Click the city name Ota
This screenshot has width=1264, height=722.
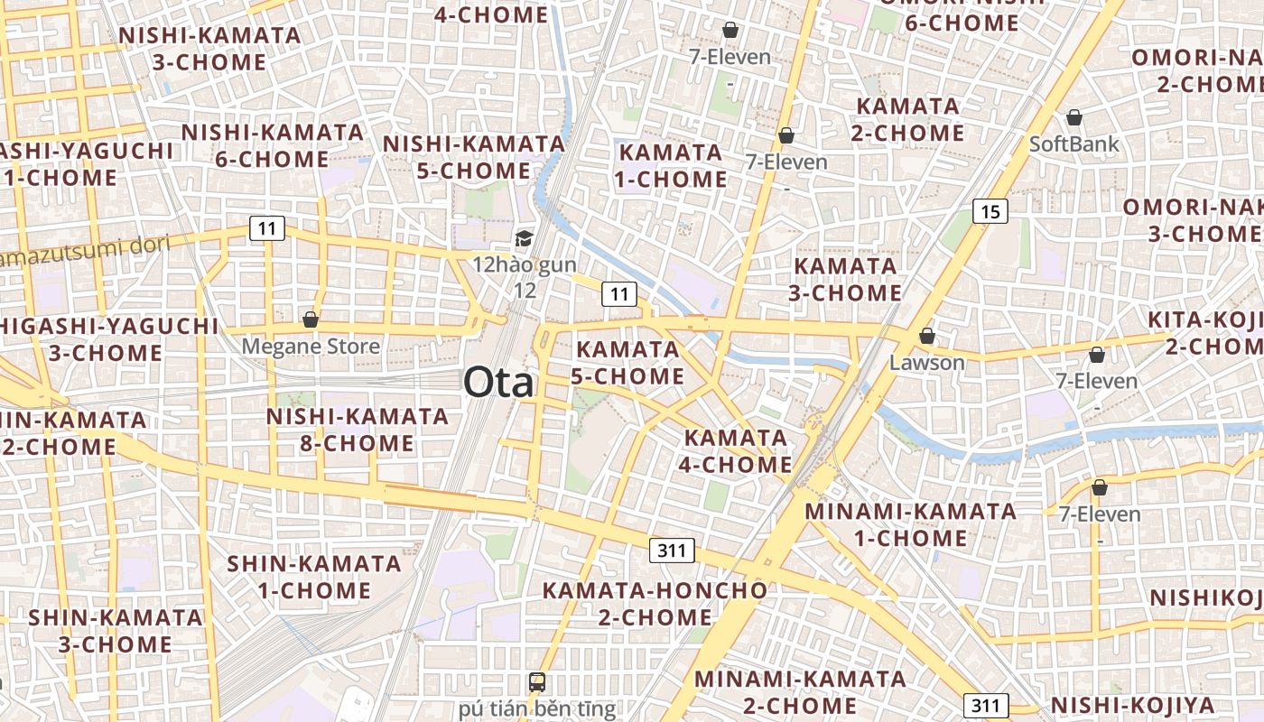[499, 382]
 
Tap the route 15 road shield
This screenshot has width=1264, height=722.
[990, 211]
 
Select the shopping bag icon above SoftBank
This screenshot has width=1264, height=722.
[1074, 117]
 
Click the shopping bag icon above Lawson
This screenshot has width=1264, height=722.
[926, 337]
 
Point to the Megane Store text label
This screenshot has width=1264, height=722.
[311, 347]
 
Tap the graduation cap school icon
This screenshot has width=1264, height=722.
[524, 238]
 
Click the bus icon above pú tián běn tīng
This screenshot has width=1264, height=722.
[537, 681]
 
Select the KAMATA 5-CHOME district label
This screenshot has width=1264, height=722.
[627, 362]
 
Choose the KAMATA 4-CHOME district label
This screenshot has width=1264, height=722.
[738, 451]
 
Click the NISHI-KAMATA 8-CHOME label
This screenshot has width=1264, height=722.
[358, 430]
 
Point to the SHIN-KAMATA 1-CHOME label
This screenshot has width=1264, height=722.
[314, 577]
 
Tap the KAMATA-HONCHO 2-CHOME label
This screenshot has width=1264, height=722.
[655, 604]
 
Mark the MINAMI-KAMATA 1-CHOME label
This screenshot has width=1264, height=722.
[910, 524]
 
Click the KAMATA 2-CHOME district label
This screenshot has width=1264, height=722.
[908, 119]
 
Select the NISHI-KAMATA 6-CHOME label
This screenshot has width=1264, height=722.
[273, 145]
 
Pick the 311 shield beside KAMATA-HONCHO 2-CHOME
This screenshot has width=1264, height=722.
[672, 550]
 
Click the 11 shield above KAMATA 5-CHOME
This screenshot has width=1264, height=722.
[618, 293]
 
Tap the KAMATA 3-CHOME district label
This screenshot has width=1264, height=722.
[845, 279]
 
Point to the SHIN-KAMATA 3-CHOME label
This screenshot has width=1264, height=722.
[116, 631]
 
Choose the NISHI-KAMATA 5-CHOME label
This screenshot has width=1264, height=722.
[474, 157]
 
